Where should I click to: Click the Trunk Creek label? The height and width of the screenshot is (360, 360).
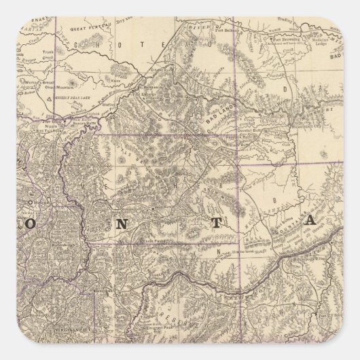(x=48, y=58)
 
